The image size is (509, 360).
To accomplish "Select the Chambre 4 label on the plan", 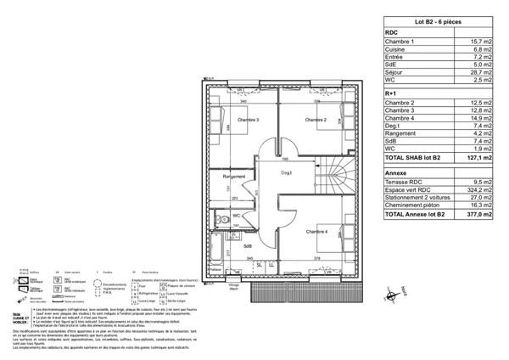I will point(316,231).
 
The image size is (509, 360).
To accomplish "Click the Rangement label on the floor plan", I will point(234,177).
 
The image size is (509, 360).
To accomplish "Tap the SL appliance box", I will point(259,265).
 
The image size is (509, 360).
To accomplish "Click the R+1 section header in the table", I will point(392,93).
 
